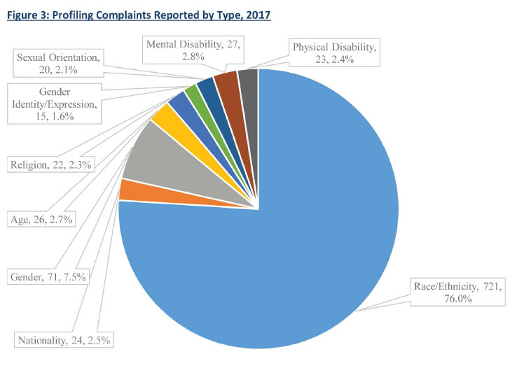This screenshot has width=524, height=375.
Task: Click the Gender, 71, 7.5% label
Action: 48,277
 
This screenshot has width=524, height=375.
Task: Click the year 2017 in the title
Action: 254,14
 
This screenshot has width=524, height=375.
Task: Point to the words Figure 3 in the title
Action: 26,14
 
